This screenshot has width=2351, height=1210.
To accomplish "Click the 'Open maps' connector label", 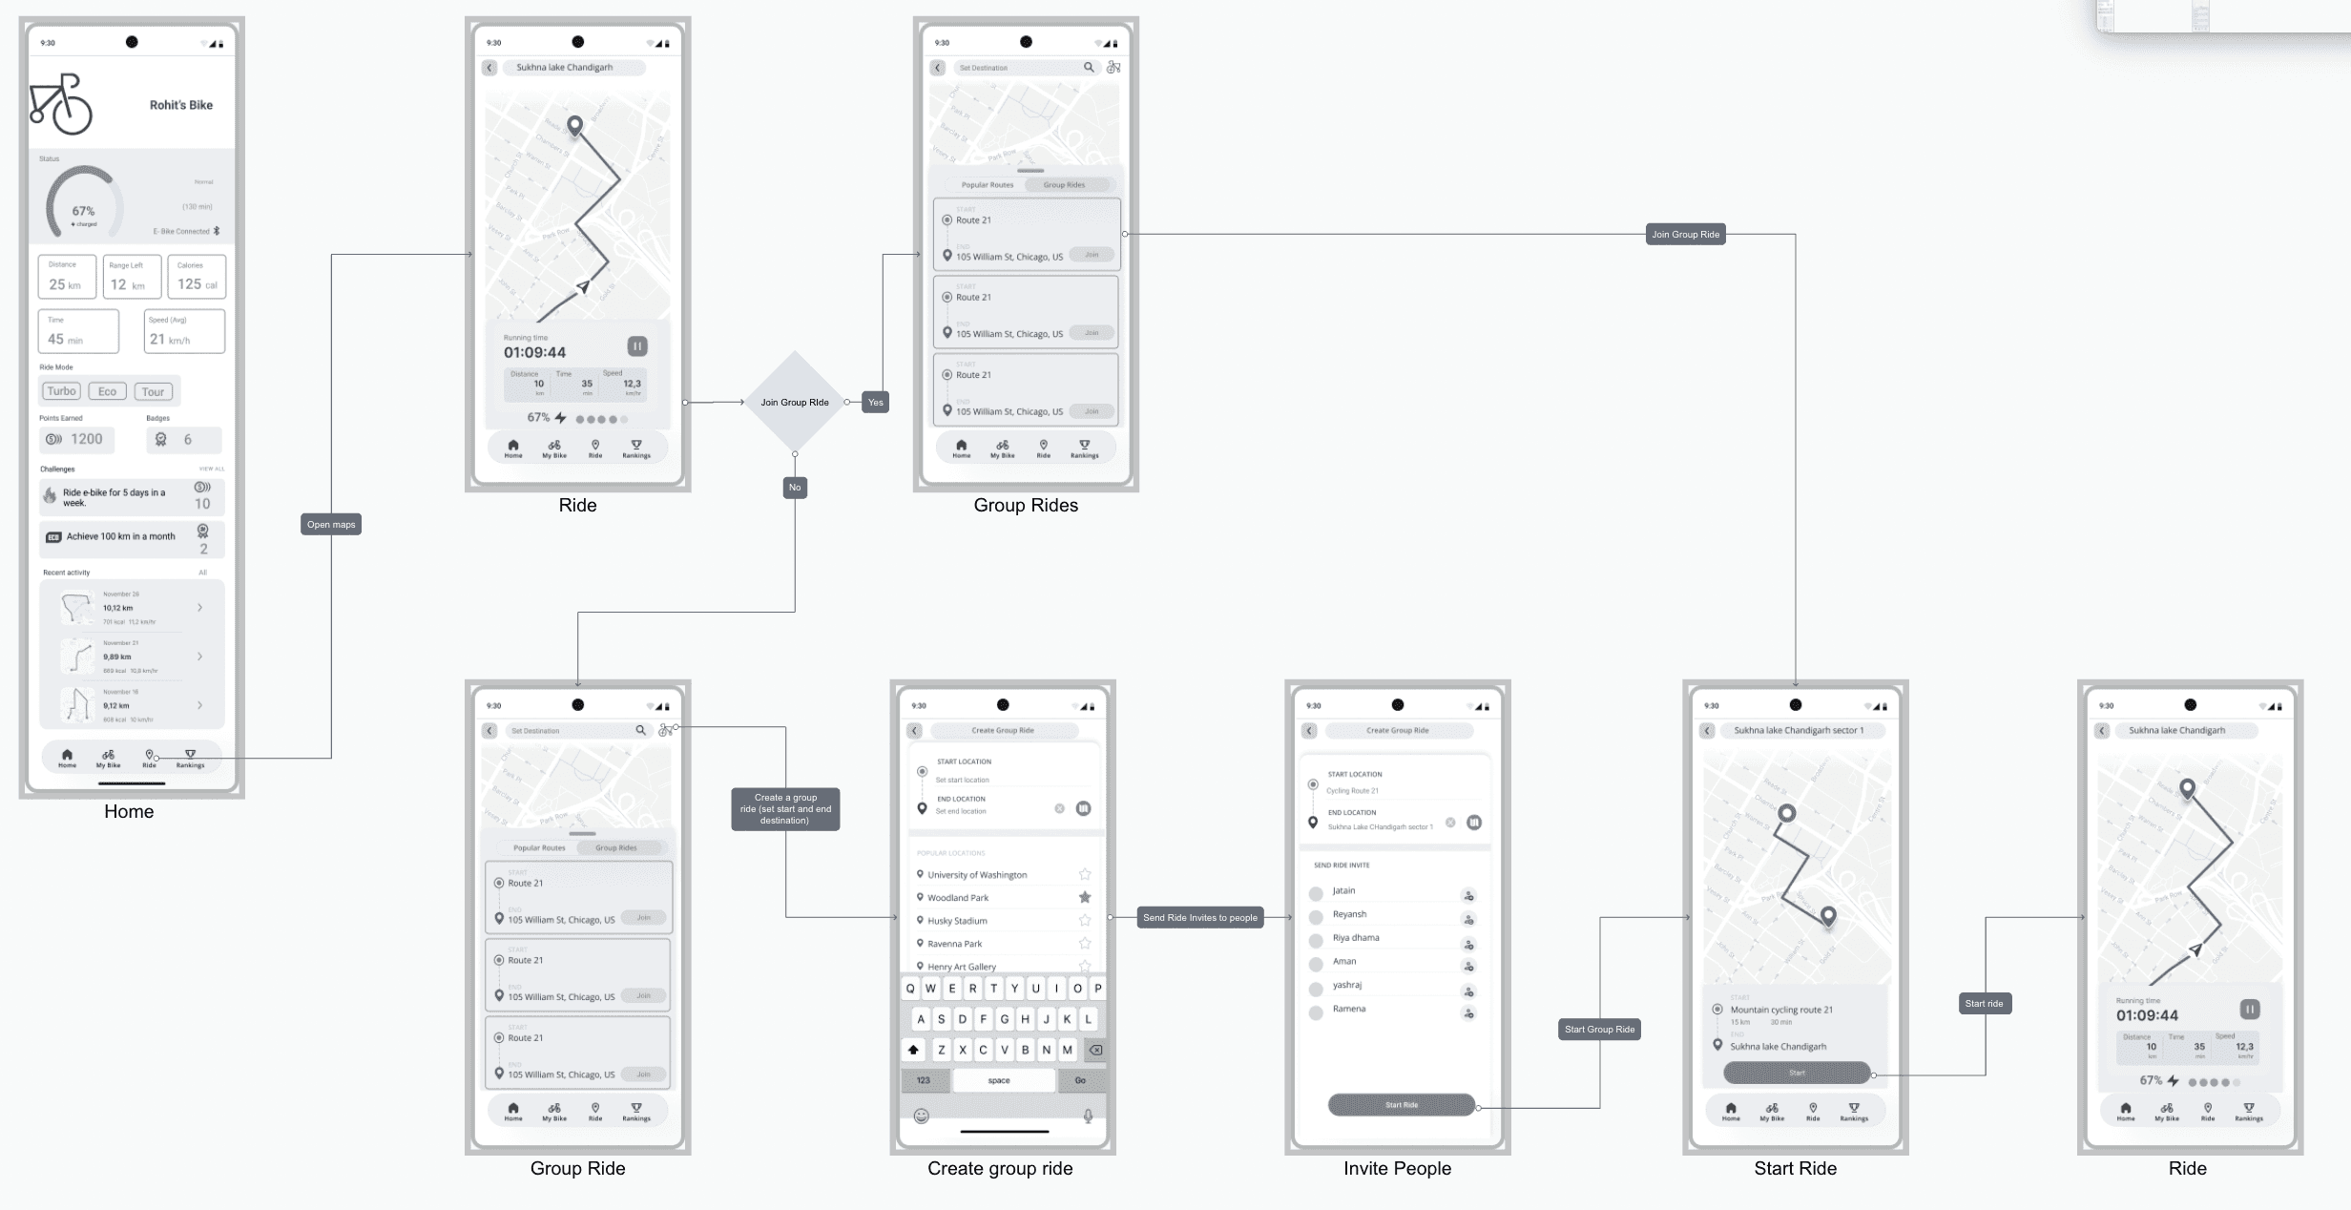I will point(331,524).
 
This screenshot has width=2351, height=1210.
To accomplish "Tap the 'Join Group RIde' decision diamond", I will point(794,402).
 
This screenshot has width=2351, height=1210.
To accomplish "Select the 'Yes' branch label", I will point(875,402).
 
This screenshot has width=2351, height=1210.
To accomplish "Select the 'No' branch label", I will point(795,488).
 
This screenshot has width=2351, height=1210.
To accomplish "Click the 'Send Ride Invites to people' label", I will point(1199,917).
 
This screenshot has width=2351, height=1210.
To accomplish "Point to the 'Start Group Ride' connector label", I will point(1599,1029).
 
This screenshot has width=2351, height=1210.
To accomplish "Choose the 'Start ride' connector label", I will point(1984,1003).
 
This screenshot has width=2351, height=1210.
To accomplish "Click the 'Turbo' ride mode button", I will point(61,391).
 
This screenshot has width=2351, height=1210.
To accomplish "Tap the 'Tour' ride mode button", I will point(153,391).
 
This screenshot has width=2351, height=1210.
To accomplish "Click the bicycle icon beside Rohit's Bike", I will point(61,104).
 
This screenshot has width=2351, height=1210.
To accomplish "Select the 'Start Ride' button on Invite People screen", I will point(1401,1105).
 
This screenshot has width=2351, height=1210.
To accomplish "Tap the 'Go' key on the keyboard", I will point(1080,1080).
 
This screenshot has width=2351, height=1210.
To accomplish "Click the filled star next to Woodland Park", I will point(1085,897).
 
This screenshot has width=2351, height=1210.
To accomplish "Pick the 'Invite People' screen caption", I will point(1397,1168).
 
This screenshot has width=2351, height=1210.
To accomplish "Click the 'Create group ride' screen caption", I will point(1000,1168).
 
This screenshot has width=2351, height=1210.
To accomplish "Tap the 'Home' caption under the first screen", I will point(129,811).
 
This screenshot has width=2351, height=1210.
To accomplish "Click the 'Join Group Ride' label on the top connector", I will point(1685,234).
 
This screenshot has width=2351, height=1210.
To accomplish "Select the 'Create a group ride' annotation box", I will point(785,808).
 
